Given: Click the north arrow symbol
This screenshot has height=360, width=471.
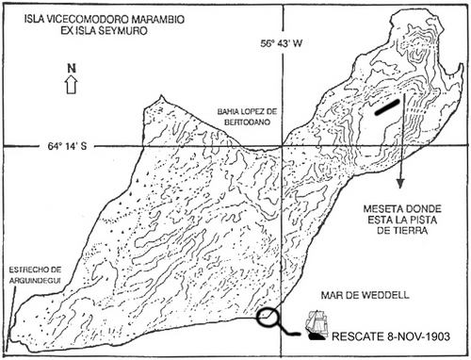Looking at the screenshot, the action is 72,85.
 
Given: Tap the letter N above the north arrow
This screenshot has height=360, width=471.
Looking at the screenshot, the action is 72,69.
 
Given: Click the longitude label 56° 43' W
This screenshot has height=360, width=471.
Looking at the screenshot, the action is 281,43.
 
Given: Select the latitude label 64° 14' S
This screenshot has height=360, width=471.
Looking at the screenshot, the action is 67,146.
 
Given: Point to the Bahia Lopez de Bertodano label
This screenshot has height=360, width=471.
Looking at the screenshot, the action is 248,117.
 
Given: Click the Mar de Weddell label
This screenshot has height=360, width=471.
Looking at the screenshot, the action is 365,295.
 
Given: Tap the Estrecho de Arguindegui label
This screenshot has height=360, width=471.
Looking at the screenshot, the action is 34,275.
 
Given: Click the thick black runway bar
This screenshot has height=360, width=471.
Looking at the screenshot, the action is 387,107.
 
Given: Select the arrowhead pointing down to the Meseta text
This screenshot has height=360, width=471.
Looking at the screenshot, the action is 400,184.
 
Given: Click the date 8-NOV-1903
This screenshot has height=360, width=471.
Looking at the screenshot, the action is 417,336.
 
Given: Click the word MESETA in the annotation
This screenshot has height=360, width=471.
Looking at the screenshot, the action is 382,209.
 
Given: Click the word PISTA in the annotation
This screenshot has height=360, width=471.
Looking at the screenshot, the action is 421,220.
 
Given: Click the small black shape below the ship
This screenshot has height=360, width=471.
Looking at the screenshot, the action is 317,337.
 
